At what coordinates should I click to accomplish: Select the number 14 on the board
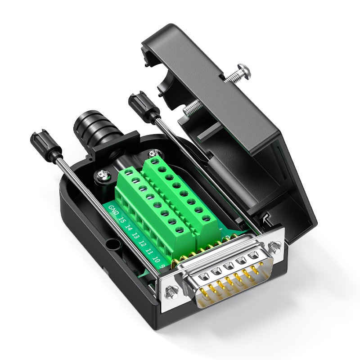(128, 228)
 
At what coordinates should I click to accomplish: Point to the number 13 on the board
(135, 235)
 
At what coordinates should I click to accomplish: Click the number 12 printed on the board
(142, 243)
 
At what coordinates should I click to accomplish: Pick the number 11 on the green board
(149, 252)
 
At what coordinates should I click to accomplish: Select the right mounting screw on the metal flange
(274, 247)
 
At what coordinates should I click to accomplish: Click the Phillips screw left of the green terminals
(103, 175)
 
